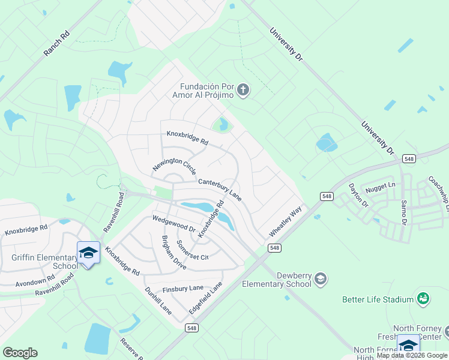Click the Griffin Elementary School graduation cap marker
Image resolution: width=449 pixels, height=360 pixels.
pos(88,252)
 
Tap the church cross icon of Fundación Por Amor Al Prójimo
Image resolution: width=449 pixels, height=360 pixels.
pos(243,91)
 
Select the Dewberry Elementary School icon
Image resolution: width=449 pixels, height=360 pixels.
pos(321,278)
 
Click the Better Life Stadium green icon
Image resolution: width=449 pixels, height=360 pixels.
pos(423,298)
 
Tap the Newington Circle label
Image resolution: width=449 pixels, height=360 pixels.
pos(174,158)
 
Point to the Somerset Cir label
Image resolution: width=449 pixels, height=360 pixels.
pos(191,250)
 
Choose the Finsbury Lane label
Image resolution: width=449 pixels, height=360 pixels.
pos(183,289)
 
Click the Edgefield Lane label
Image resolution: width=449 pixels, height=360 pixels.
pos(206,296)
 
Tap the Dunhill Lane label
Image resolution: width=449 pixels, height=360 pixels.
pos(158,301)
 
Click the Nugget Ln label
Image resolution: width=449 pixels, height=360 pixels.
pos(384,185)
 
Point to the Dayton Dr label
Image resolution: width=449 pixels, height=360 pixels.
pos(358,195)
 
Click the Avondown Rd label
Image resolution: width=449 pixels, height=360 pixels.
pos(35,282)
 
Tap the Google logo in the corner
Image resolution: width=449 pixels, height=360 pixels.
pos(20,353)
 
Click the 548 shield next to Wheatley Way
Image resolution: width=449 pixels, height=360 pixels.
pos(274,248)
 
